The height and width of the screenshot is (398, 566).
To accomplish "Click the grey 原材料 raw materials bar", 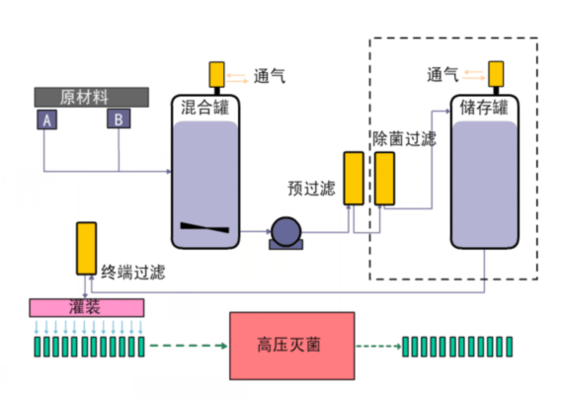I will [91, 97].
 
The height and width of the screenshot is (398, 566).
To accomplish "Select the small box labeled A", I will [45, 119].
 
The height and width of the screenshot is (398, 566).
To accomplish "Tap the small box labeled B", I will [119, 119].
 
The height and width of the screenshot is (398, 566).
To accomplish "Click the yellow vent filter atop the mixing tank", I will [217, 75].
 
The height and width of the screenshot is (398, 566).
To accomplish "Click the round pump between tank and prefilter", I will [285, 231].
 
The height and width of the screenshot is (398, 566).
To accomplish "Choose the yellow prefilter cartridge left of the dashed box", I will [352, 179].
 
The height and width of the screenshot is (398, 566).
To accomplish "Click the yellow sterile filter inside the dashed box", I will [384, 178].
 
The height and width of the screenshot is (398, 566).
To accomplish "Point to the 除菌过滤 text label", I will [403, 138].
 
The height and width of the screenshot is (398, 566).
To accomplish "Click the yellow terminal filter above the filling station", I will [87, 248].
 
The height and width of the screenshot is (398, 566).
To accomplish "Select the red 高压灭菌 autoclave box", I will [290, 346].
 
